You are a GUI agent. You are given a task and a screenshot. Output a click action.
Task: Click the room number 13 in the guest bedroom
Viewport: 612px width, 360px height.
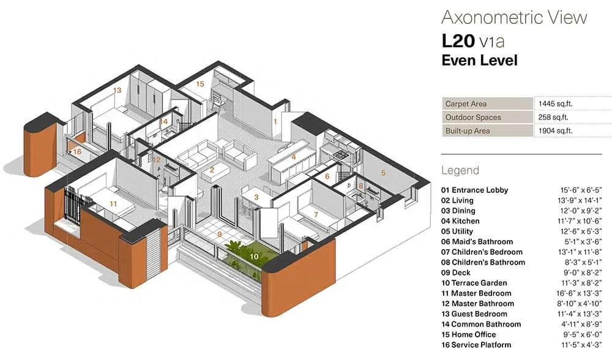point(117,90)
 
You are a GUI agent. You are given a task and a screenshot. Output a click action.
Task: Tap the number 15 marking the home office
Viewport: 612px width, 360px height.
point(200,84)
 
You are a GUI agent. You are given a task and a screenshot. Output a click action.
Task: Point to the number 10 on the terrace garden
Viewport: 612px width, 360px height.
point(254,256)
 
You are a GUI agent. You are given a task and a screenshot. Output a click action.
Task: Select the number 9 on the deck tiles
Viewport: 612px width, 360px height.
point(220,234)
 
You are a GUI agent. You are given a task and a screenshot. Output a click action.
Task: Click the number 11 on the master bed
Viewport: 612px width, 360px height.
point(113,204)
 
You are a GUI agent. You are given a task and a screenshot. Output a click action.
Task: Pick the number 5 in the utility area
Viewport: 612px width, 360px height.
point(383,173)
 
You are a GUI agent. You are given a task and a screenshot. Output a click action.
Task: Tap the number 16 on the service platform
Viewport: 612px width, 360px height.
point(77,151)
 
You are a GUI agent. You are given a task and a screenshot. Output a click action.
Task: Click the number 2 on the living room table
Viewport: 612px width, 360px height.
point(212,170)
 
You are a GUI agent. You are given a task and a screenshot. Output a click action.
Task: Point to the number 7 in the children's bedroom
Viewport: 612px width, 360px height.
point(316,214)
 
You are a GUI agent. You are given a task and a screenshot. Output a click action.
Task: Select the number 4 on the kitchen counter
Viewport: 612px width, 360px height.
point(294,157)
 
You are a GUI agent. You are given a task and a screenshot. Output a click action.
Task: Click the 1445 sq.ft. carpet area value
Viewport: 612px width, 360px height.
point(556,104)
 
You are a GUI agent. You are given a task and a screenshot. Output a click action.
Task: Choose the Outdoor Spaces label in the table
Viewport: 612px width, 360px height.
point(473,117)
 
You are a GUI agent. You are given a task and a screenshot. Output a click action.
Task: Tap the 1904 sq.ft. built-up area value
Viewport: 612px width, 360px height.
point(556,131)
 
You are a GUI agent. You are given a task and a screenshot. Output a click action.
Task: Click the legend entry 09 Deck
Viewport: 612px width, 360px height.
point(456,272)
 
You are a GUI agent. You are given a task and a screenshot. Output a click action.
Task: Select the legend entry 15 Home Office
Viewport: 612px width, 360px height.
point(469,335)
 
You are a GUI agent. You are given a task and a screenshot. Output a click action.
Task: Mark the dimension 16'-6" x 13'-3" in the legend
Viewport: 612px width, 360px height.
point(579,293)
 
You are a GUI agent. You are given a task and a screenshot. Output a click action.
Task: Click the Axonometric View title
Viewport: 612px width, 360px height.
point(515,18)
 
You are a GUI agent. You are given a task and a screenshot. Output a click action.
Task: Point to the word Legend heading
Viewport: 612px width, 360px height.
point(460,171)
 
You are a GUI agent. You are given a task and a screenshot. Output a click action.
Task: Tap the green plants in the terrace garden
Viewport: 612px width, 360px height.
point(240,250)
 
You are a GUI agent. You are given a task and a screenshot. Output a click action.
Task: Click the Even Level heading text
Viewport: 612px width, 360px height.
point(480,61)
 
